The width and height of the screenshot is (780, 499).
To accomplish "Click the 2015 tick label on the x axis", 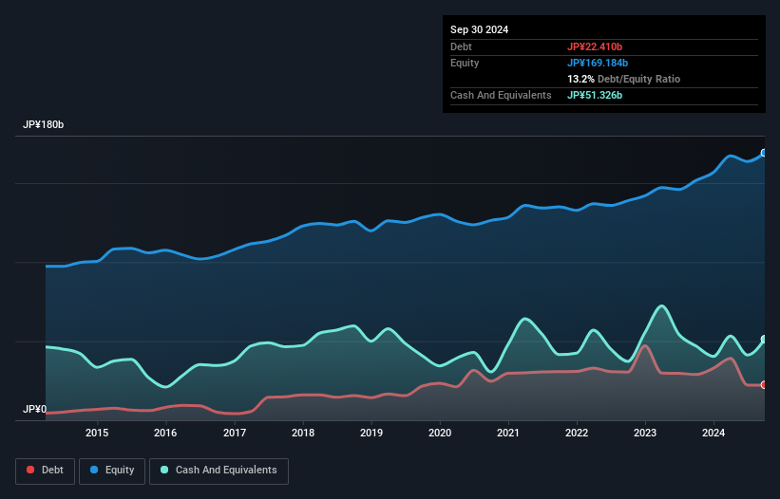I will point(97,434).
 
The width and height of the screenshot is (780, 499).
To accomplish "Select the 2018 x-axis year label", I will point(303,434).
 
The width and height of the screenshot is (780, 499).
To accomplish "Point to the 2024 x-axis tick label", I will point(714,434).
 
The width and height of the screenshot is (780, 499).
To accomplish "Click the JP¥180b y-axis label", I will point(44,125).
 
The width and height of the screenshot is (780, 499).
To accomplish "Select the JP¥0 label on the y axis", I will point(34,410).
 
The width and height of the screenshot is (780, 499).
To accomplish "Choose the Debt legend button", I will point(44,470).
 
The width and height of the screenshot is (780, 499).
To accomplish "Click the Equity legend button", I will point(112,470).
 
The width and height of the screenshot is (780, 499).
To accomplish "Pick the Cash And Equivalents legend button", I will point(219,470).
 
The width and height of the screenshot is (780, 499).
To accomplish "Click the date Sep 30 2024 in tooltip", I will point(480,29).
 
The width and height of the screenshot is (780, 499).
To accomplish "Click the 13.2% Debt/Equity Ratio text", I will point(623,79).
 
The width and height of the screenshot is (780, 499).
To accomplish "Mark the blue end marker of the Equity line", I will point(764,153).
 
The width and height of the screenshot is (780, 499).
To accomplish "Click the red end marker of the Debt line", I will point(764,384).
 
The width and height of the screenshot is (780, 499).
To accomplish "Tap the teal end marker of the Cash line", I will point(764,339).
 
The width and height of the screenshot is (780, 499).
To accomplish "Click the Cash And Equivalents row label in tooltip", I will point(501,95).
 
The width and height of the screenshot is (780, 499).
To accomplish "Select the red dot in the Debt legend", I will point(31,470).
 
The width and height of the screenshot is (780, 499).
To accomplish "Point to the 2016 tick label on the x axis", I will point(165,434).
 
